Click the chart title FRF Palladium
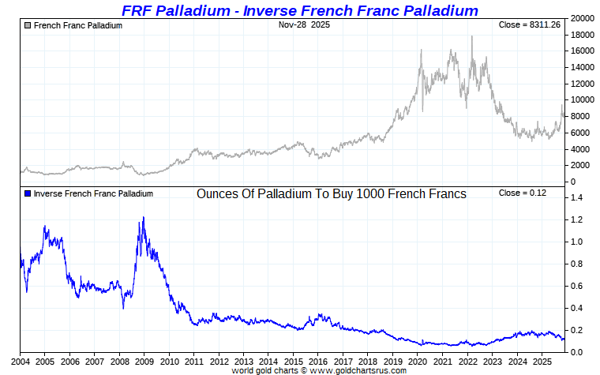tap(299, 10)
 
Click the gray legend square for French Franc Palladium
tap(28, 25)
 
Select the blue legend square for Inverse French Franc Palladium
tap(28, 193)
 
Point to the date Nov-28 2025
tap(304, 25)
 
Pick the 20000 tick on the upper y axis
tap(584, 18)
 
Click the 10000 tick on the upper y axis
tap(584, 100)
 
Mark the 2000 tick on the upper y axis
tap(582, 166)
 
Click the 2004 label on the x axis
tap(20, 361)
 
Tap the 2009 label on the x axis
tap(144, 361)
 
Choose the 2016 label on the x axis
tap(317, 361)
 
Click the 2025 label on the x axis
tap(541, 361)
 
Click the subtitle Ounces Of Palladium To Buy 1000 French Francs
tap(331, 193)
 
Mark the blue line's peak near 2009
tap(143, 217)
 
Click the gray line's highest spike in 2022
tap(472, 36)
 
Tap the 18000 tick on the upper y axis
tap(584, 35)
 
